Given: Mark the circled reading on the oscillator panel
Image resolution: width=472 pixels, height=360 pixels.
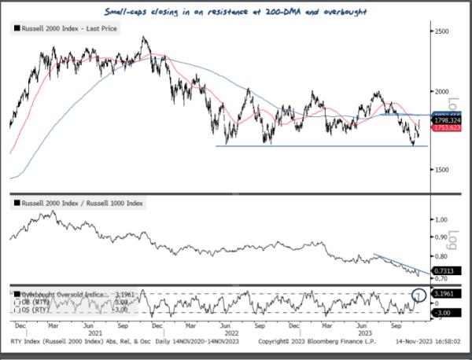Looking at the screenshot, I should point(419,296).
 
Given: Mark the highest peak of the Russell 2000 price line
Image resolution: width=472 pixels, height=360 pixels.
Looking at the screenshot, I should point(142,37).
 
